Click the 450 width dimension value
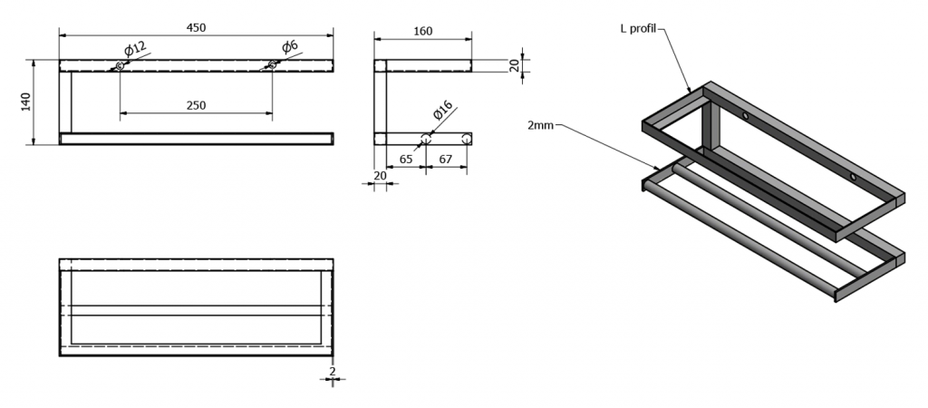196,26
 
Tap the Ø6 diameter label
290,47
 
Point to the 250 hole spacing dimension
196,105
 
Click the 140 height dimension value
26,102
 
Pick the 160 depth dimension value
422,31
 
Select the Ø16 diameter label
442,112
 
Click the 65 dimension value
405,159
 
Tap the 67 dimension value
446,159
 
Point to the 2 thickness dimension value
333,371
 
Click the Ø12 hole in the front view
120,65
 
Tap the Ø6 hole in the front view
272,64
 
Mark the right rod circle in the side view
466,139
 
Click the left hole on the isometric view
745,117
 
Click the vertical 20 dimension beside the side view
515,65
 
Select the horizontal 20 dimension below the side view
380,176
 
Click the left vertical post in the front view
65,102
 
